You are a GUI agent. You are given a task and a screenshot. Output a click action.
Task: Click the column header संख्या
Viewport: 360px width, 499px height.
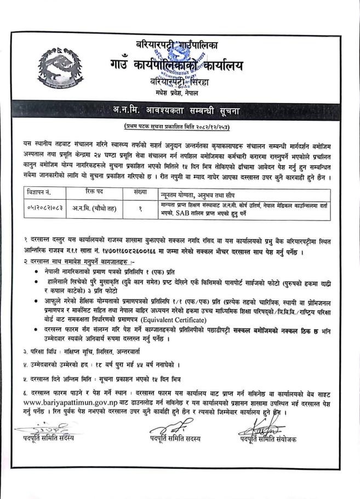point(141,192)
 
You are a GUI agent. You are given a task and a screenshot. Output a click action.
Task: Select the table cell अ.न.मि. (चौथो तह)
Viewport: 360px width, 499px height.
point(97,208)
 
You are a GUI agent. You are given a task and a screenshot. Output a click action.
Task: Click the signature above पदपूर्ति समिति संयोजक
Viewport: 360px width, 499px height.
point(261,427)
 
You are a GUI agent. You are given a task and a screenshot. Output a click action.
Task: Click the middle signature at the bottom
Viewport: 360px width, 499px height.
point(168,426)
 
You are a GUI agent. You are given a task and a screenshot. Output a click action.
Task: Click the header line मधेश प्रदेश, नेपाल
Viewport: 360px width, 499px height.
point(179,91)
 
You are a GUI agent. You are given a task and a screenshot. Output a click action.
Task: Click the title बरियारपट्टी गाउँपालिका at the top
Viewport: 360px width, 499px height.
point(181,44)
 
